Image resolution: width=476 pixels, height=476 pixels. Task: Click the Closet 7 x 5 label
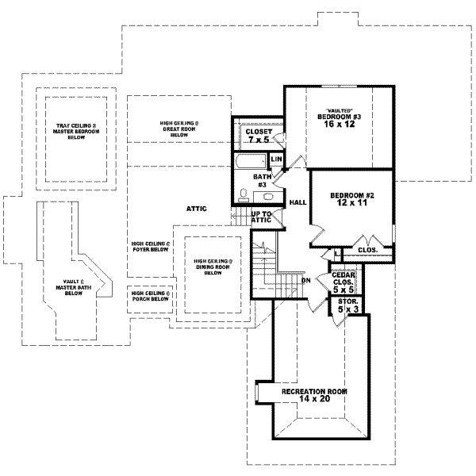point(259,136)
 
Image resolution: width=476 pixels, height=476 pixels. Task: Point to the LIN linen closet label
point(276,159)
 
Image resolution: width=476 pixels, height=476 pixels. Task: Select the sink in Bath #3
point(268,196)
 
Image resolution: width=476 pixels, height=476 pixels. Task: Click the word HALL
point(298,202)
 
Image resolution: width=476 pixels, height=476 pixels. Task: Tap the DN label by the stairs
point(305,280)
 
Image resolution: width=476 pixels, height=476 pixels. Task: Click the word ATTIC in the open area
point(196,209)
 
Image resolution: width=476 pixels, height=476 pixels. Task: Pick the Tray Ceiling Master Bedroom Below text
point(76,131)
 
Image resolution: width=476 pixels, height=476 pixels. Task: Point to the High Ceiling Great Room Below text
point(178,129)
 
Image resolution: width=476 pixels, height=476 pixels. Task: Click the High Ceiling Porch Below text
point(150,297)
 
